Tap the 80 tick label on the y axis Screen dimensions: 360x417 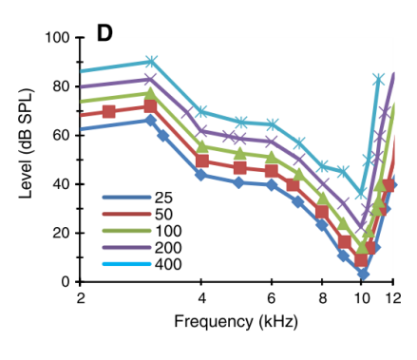pyautogui.click(x=62, y=86)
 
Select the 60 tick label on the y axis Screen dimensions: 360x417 pyautogui.click(x=62, y=135)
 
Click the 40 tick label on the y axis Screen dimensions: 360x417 pyautogui.click(x=62, y=184)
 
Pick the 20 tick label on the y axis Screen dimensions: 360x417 pyautogui.click(x=62, y=233)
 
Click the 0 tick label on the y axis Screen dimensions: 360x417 pyautogui.click(x=66, y=282)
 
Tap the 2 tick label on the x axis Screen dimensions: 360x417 pyautogui.click(x=81, y=298)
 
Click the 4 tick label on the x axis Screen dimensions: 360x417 pyautogui.click(x=200, y=298)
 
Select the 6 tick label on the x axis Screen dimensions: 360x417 pyautogui.click(x=271, y=298)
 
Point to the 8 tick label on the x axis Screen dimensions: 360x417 pyautogui.click(x=321, y=298)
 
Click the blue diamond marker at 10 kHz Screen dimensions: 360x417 pyautogui.click(x=363, y=274)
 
